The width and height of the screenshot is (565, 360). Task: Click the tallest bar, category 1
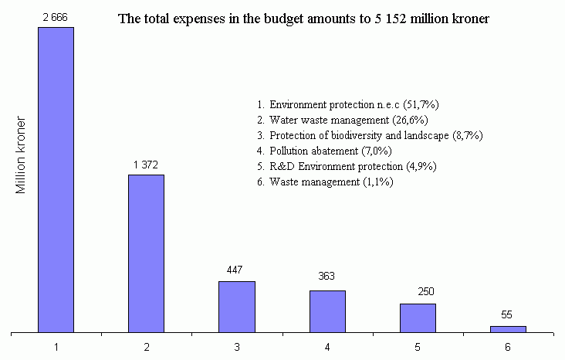(56, 180)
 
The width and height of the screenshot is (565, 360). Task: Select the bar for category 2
(147, 253)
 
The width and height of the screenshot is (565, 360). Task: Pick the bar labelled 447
(237, 307)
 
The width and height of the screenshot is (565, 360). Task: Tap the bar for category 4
(327, 311)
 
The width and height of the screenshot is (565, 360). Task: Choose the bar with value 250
(418, 318)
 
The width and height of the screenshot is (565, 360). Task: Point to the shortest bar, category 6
(508, 329)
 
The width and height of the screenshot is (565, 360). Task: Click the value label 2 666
(56, 16)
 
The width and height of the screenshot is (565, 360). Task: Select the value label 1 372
(147, 164)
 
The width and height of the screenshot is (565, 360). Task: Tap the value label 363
(327, 277)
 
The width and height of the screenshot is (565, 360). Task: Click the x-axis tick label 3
(237, 346)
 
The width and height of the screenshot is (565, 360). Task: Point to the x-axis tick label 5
(418, 346)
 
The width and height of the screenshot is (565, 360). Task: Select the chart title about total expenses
(303, 19)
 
